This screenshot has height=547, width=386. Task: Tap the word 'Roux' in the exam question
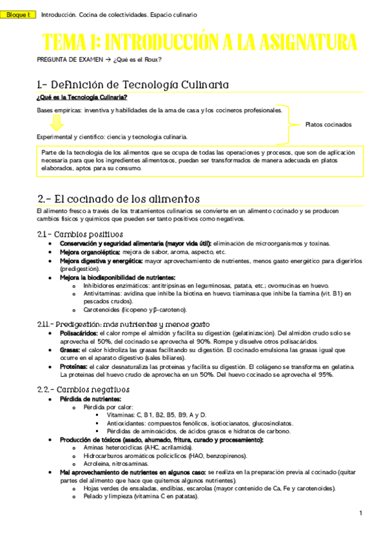tap(152, 60)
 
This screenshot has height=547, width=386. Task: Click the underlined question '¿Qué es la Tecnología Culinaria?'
tap(82, 97)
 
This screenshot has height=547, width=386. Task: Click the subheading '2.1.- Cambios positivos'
tap(79, 234)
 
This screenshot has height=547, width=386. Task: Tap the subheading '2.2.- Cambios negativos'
tap(83, 390)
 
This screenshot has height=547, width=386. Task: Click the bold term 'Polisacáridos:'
tap(80, 333)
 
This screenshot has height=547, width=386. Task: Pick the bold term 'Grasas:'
tap(71, 350)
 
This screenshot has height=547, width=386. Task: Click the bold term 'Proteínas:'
tap(74, 366)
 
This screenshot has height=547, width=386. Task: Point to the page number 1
tap(361, 513)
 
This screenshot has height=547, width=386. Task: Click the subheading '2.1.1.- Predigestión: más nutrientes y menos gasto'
tap(123, 323)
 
